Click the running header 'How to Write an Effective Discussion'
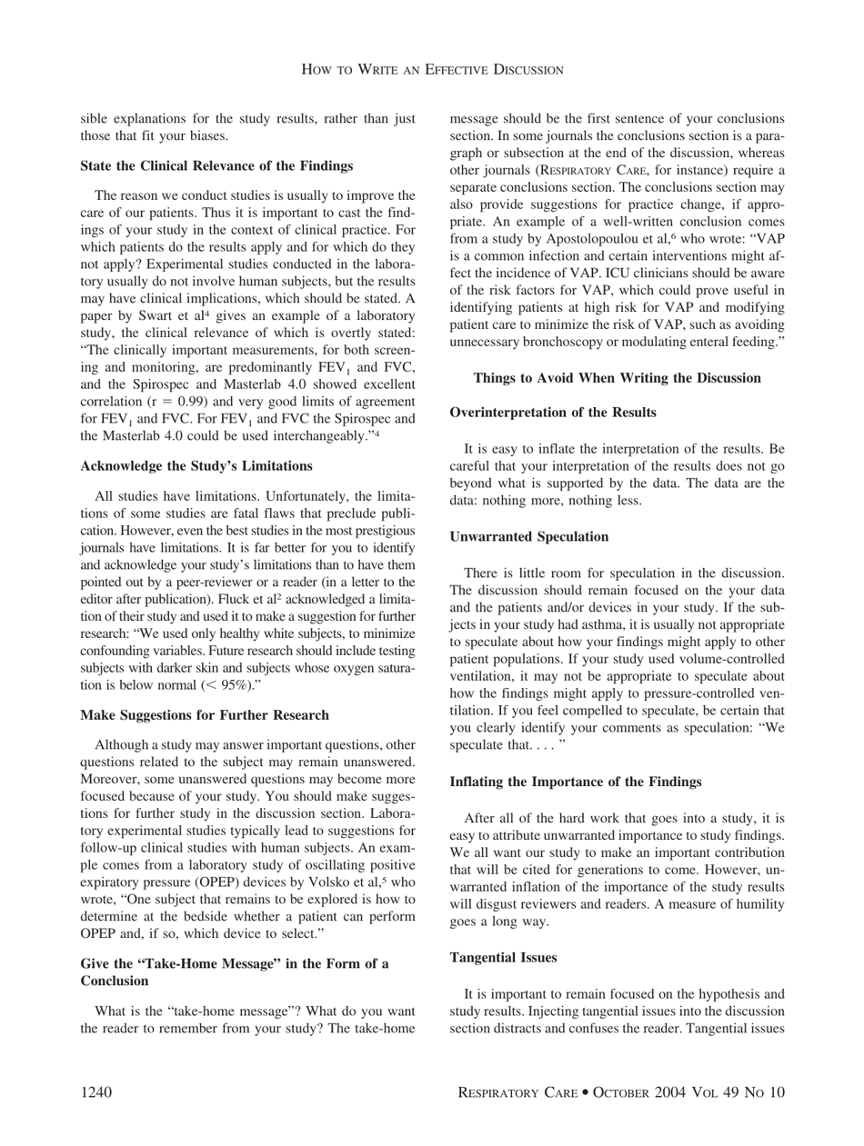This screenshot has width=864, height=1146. pyautogui.click(x=432, y=69)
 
